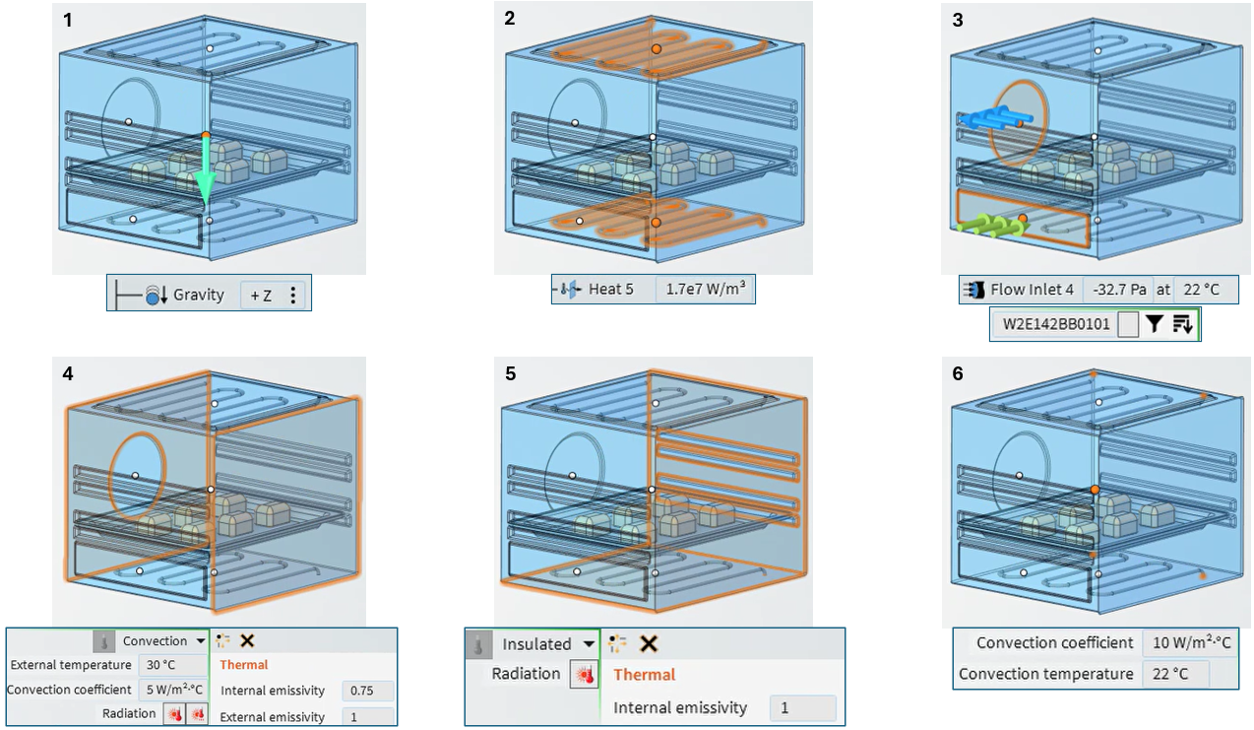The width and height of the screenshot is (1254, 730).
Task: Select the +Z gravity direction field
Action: (x=262, y=295)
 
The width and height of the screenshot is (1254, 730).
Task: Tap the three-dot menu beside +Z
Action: (x=293, y=295)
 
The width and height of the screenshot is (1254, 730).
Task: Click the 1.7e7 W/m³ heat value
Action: (x=704, y=290)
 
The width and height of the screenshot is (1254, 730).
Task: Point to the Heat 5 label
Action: (x=610, y=290)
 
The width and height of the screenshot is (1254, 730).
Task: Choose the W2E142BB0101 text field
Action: (x=1054, y=324)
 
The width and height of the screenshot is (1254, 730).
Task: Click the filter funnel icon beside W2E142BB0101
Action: (x=1155, y=324)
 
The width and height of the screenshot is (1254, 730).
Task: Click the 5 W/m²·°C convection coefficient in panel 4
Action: (x=172, y=690)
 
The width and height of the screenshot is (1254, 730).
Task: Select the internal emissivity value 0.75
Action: (x=367, y=692)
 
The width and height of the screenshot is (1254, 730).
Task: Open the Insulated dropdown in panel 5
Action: (x=588, y=644)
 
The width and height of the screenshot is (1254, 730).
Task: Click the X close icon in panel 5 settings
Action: (x=648, y=644)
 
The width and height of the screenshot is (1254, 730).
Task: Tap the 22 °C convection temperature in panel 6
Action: (x=1174, y=675)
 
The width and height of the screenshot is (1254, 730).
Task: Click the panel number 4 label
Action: (x=67, y=374)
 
